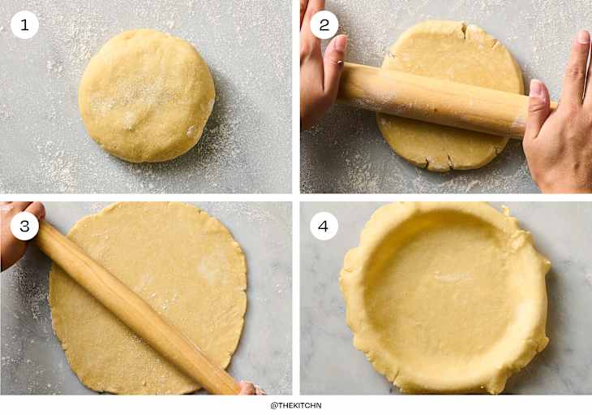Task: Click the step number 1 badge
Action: (24, 24)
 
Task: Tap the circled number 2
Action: (324, 24)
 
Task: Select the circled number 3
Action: (24, 227)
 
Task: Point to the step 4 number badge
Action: (324, 227)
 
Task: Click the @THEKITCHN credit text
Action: (296, 405)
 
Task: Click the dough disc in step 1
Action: (147, 95)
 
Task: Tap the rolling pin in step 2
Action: (438, 97)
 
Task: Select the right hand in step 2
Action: (560, 122)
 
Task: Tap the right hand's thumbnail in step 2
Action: (535, 88)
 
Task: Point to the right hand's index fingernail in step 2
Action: (582, 37)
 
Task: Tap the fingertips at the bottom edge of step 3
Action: (247, 388)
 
